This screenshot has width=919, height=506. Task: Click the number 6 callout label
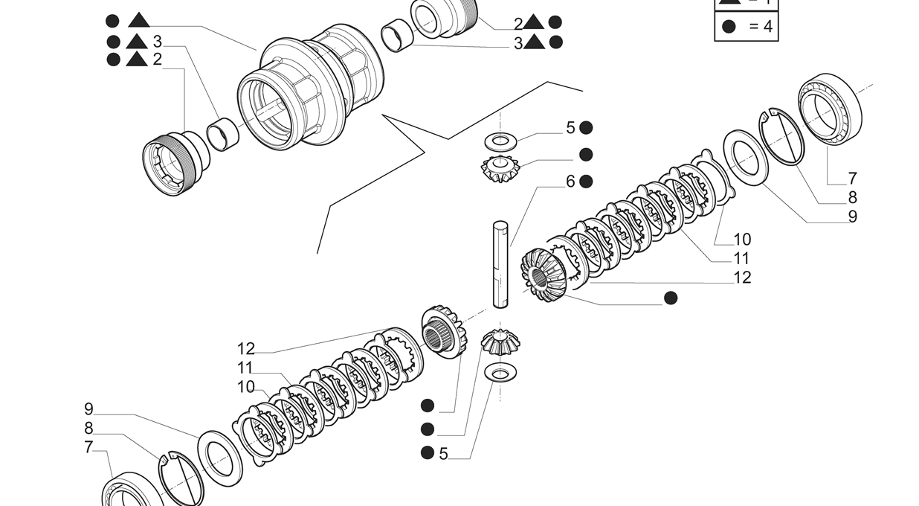[x=570, y=182]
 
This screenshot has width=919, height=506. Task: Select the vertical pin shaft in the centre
[x=500, y=263]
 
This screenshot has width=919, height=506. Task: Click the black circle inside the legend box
[x=729, y=27]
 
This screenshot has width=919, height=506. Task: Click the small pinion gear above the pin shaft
[x=500, y=170]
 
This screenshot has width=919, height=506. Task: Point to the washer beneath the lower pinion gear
[x=500, y=371]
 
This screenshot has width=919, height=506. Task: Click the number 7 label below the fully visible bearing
[x=852, y=179]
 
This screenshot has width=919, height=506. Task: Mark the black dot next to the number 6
[x=586, y=181]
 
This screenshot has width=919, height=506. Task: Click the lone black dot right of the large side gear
[x=671, y=298]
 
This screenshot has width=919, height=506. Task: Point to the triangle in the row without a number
[x=138, y=20]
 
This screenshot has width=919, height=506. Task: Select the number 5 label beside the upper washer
[x=570, y=128]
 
